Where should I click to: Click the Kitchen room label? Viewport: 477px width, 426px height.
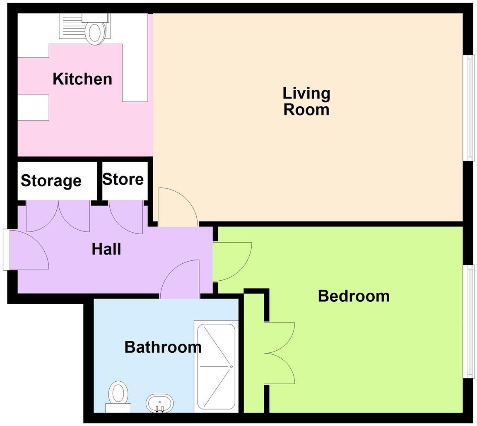pyautogui.click(x=82, y=79)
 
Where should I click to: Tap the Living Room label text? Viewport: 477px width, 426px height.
pyautogui.click(x=306, y=101)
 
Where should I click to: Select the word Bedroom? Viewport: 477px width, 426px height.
pyautogui.click(x=354, y=296)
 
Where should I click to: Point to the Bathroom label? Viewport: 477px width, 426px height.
pyautogui.click(x=163, y=347)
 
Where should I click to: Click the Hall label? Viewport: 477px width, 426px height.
pyautogui.click(x=106, y=249)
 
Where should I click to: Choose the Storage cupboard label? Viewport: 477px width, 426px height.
pyautogui.click(x=51, y=181)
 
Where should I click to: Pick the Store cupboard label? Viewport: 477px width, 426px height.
pyautogui.click(x=123, y=179)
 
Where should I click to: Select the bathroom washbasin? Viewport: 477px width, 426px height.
pyautogui.click(x=159, y=403)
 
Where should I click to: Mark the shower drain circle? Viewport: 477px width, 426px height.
pyautogui.click(x=231, y=366)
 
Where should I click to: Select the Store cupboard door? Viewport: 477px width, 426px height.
pyautogui.click(x=126, y=217)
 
